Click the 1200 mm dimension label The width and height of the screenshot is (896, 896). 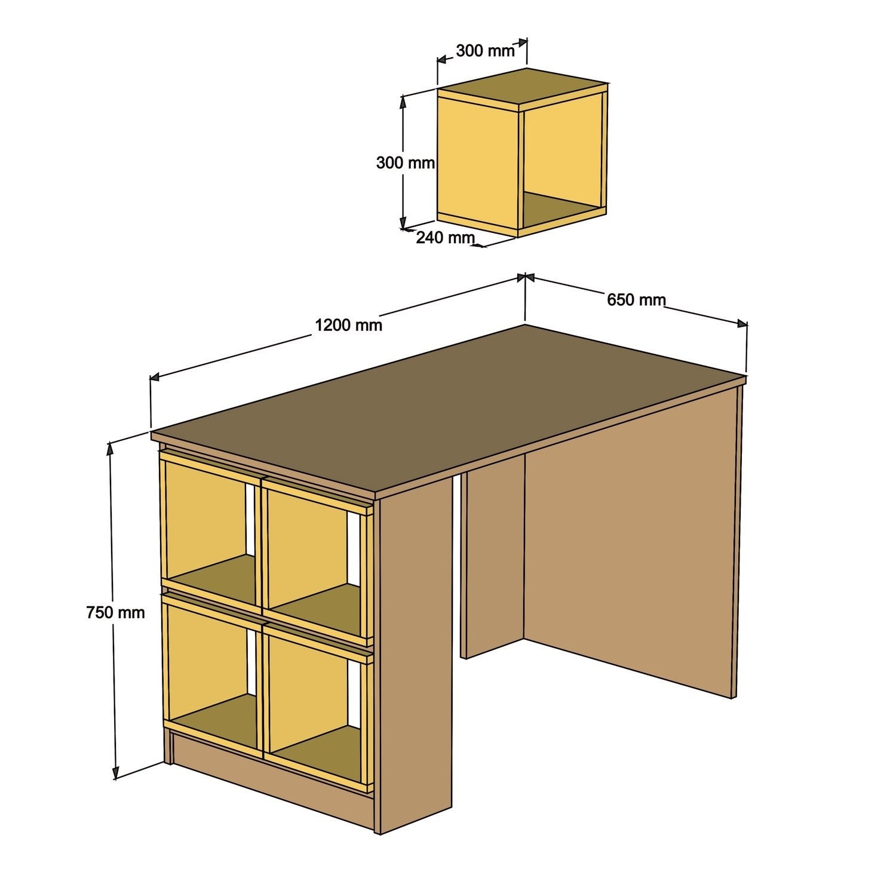pyautogui.click(x=348, y=325)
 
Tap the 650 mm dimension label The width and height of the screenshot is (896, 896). pyautogui.click(x=636, y=299)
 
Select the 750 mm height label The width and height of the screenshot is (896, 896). pyautogui.click(x=115, y=612)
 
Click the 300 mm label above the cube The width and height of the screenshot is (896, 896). pyautogui.click(x=484, y=51)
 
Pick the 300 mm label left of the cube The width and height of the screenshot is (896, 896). pyautogui.click(x=405, y=162)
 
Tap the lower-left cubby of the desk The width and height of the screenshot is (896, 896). pyautogui.click(x=209, y=663)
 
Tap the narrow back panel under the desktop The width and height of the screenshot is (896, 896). pyautogui.click(x=492, y=556)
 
